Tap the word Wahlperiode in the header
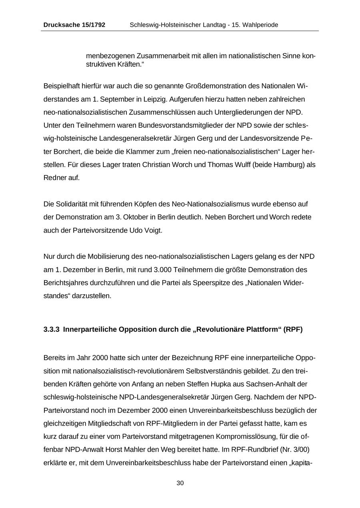[260, 25]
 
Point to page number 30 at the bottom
[180, 483]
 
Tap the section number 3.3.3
[52, 329]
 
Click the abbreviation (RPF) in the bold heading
[293, 329]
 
